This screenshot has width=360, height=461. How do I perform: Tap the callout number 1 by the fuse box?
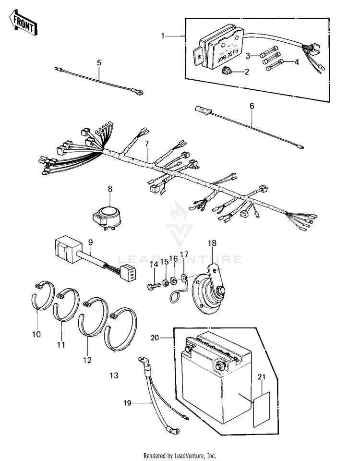click(163, 36)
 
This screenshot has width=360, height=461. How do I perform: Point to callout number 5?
click(99, 62)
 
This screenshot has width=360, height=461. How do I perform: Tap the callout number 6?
click(252, 106)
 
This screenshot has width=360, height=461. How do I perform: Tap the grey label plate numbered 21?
click(261, 408)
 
